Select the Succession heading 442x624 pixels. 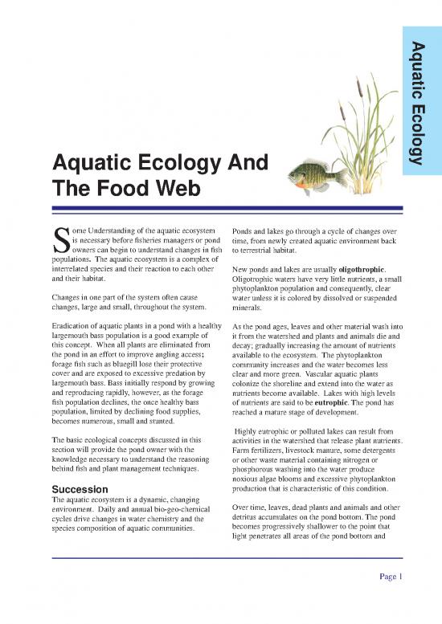pyautogui.click(x=80, y=488)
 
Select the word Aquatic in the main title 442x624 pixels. pyautogui.click(x=88, y=163)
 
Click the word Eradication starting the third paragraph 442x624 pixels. pyautogui.click(x=76, y=325)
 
